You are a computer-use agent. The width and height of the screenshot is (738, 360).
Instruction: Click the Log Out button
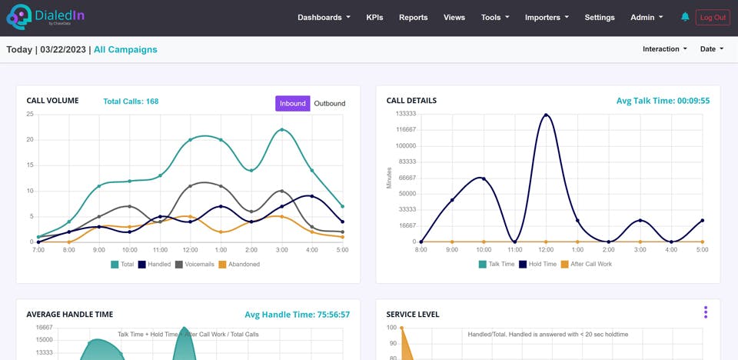(x=713, y=17)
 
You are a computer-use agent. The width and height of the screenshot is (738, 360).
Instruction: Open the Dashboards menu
(x=324, y=17)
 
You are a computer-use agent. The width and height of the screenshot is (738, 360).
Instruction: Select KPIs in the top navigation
(x=374, y=17)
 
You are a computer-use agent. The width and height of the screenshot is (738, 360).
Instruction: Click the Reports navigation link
(x=413, y=17)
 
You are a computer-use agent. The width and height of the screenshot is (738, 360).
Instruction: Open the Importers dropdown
(x=547, y=17)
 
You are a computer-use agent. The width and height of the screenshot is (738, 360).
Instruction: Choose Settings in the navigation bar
(x=600, y=17)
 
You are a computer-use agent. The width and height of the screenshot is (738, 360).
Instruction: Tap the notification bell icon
(x=685, y=17)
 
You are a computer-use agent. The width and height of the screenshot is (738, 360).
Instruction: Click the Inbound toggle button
(x=292, y=103)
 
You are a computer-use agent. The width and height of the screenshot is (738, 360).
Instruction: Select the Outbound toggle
(x=330, y=103)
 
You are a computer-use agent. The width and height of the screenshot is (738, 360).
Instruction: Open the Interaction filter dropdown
(x=665, y=49)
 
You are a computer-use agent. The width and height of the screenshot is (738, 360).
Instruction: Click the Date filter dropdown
(x=712, y=49)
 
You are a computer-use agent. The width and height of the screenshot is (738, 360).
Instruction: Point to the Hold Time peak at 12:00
(x=546, y=115)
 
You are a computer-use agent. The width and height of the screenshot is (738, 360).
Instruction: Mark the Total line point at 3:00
(x=282, y=129)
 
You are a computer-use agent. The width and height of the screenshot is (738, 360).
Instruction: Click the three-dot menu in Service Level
(x=705, y=312)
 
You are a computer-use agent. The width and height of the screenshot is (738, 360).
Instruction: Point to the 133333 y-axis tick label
(x=404, y=113)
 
